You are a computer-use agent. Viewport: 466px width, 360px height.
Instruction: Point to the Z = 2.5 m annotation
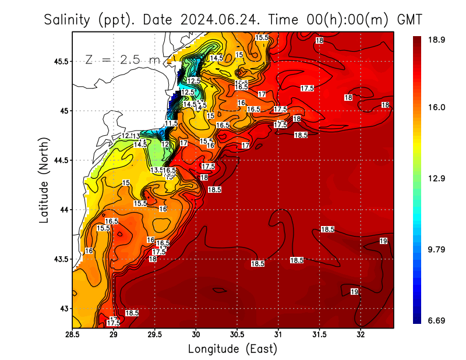pyautogui.click(x=122, y=59)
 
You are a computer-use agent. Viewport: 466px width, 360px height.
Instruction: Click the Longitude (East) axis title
pyautogui.click(x=232, y=349)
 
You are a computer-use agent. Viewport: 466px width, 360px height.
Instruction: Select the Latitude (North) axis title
pyautogui.click(x=44, y=180)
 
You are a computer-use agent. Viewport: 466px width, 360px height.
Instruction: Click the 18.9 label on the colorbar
pyautogui.click(x=437, y=40)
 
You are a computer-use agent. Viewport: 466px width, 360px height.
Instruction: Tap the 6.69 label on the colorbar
pyautogui.click(x=437, y=320)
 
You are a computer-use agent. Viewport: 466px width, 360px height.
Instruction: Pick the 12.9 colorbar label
pyautogui.click(x=437, y=178)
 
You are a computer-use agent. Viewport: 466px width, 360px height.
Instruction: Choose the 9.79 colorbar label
pyautogui.click(x=437, y=249)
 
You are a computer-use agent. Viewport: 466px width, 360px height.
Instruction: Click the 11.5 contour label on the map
pyautogui.click(x=171, y=123)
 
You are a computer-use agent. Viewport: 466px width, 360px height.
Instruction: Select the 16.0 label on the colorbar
pyautogui.click(x=437, y=107)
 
